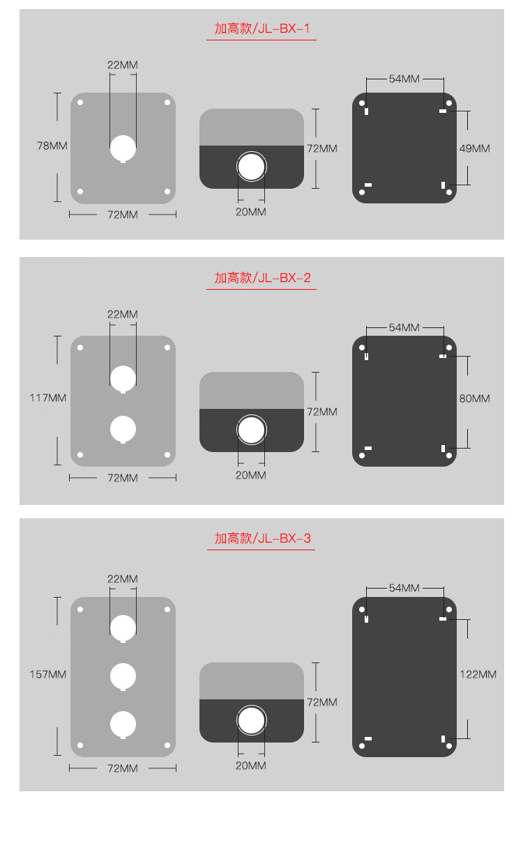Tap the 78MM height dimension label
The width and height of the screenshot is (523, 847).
[x=52, y=146]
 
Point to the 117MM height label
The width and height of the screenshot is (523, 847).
[x=48, y=398]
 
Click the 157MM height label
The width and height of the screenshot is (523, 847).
[x=48, y=674]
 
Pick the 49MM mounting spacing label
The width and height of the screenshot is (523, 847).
[x=475, y=148]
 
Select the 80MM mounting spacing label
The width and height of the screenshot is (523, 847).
[x=475, y=398]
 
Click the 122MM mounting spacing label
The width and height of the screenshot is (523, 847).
[x=478, y=674]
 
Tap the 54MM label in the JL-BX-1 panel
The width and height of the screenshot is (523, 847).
[x=404, y=79]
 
